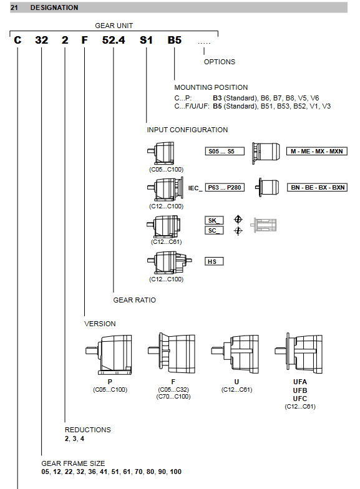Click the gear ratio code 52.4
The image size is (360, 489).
click(x=114, y=40)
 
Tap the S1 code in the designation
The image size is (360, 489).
click(x=146, y=40)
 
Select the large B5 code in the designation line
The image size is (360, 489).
click(x=175, y=40)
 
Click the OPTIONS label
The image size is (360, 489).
click(x=220, y=62)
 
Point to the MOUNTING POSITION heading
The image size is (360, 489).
click(x=211, y=87)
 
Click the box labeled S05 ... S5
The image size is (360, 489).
click(x=225, y=151)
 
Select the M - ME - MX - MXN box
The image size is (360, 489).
click(x=317, y=151)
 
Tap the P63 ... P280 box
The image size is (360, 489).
click(x=225, y=187)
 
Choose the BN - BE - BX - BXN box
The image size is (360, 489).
click(x=317, y=187)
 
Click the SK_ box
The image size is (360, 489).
click(x=215, y=221)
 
